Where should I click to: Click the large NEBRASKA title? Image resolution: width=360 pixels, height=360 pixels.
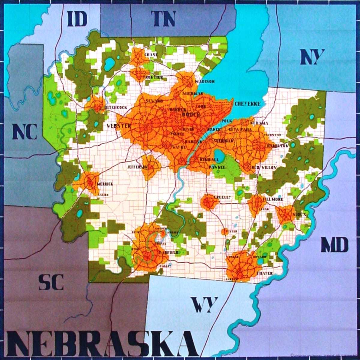click(x=99, y=343)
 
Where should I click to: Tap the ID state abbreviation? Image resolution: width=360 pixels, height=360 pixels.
click(x=77, y=19)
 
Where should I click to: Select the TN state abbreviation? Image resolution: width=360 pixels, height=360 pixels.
click(x=163, y=19)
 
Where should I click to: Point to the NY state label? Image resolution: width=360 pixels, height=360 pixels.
click(x=313, y=57)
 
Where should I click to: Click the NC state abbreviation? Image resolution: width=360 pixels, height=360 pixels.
click(x=25, y=132)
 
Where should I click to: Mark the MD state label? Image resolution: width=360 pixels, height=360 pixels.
click(x=335, y=245)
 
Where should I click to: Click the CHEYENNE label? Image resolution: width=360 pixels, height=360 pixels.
click(x=247, y=104)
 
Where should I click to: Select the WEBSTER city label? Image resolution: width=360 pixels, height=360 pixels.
click(x=119, y=126)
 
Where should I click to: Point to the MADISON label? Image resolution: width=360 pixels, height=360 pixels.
click(x=205, y=81)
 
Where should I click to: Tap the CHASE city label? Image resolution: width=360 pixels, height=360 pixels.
click(x=151, y=55)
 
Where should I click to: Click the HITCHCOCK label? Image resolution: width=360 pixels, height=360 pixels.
click(x=116, y=107)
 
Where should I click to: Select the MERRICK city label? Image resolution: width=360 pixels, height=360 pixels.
click(x=105, y=184)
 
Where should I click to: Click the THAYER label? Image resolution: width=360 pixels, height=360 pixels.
click(x=265, y=273)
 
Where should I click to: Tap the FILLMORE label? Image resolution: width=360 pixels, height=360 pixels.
click(x=273, y=199)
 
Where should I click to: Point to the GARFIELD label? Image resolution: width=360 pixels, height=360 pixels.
click(x=169, y=253)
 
